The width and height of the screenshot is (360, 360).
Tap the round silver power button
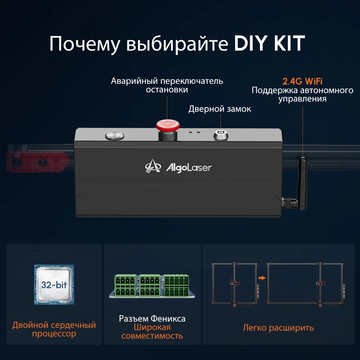click(x=114, y=136)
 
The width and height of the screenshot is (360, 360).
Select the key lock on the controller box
click(x=220, y=135)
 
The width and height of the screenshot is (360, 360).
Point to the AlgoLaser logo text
click(x=188, y=167)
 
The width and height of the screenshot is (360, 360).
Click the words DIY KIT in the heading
click(x=270, y=44)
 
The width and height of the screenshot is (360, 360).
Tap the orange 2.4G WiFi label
click(x=302, y=81)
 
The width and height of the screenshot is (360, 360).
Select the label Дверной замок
click(x=220, y=109)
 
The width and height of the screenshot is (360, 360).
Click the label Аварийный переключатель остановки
click(x=167, y=85)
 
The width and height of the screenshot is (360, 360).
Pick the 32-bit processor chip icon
click(x=54, y=284)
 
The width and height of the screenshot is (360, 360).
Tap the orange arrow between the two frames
click(x=262, y=278)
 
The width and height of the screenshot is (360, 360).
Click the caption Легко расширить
click(x=278, y=328)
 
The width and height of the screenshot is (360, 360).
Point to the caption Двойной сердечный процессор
click(x=54, y=329)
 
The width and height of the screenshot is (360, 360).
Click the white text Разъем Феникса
click(x=152, y=319)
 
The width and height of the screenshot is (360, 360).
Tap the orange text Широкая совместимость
click(x=152, y=332)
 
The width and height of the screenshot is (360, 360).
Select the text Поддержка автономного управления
click(x=302, y=94)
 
